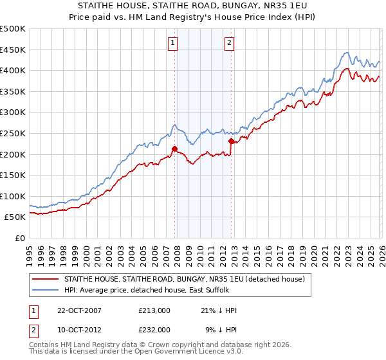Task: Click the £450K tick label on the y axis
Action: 13,50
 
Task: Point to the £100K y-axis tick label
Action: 13,196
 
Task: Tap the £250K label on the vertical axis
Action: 13,133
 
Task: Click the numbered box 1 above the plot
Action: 174,44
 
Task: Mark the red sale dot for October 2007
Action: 174,148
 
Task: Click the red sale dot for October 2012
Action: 230,141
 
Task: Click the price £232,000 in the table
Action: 154,329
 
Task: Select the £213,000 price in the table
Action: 154,310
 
